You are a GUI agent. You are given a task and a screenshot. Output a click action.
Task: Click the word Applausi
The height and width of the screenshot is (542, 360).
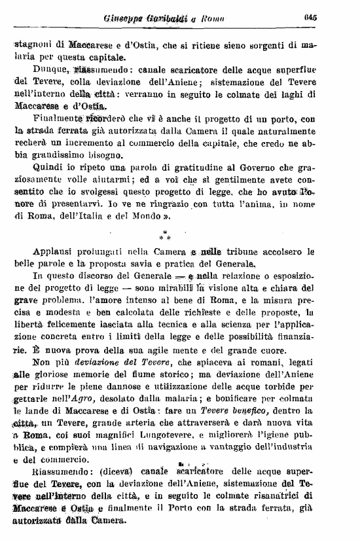pos(55,251)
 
